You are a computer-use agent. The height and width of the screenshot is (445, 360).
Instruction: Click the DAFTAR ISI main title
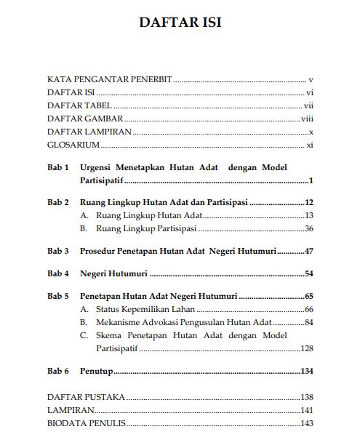(180, 23)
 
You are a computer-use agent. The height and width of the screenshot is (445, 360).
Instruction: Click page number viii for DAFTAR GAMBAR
(307, 119)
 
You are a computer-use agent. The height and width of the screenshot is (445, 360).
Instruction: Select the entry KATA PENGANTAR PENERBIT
(109, 79)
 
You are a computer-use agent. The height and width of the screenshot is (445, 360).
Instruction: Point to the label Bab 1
(58, 167)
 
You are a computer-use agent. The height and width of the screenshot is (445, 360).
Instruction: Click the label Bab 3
(58, 251)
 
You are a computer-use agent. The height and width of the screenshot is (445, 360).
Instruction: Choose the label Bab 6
(58, 371)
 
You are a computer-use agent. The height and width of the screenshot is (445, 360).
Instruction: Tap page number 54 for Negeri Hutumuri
(308, 274)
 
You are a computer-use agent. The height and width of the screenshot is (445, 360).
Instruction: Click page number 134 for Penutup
(306, 371)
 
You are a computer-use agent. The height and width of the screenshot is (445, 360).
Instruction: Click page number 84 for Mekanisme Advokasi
(308, 322)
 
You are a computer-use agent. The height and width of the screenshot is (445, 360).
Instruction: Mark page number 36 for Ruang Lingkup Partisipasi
(308, 228)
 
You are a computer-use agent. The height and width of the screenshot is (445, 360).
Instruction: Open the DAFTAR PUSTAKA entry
(86, 397)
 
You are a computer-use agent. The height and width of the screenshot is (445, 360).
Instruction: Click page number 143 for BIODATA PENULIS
(306, 423)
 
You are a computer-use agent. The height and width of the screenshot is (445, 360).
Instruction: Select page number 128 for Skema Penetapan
(306, 348)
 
